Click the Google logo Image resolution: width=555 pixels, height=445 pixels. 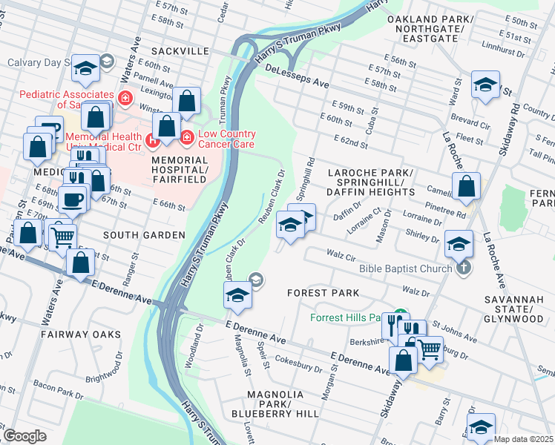pyautogui.click(x=24, y=436)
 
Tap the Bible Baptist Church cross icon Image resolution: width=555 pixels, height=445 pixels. pyautogui.click(x=464, y=268)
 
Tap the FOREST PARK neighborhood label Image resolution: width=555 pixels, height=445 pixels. pyautogui.click(x=324, y=293)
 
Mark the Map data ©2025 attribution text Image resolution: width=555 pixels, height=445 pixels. pyautogui.click(x=523, y=439)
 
